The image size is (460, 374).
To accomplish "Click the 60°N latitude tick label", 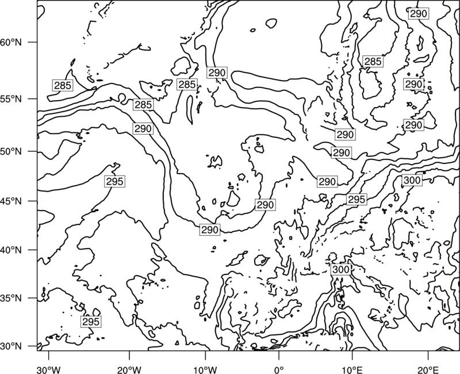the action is point(11,42).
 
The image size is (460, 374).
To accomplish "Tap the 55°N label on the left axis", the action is point(11,99).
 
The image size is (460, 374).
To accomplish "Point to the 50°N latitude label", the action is point(11,151).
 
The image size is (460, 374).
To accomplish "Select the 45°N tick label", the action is point(11,201).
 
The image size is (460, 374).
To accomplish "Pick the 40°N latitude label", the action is point(11,250).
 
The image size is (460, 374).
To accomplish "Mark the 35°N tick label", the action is point(11,298).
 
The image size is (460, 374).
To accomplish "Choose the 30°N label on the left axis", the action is point(11,346).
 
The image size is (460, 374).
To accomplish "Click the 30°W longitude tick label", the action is point(49,369).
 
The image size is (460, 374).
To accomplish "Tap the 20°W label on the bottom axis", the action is point(129,369).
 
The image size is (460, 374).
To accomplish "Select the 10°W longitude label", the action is point(205,369).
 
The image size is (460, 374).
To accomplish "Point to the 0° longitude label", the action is point(279,369).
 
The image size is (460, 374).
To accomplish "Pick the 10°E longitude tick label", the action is point(352,369).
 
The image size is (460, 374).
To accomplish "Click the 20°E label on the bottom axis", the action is point(428,369).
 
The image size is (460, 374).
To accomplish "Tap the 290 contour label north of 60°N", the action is point(419,13).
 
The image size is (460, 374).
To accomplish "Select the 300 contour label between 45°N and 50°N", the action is point(412,180).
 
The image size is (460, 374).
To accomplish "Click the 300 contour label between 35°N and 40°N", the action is point(341,269).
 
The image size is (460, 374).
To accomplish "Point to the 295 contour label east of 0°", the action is point(356,199).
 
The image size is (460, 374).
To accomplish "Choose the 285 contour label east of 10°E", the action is point(373,62).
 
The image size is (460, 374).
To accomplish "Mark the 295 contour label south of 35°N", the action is point(91,322).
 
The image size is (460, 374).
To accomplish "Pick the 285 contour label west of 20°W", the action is point(63,85).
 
